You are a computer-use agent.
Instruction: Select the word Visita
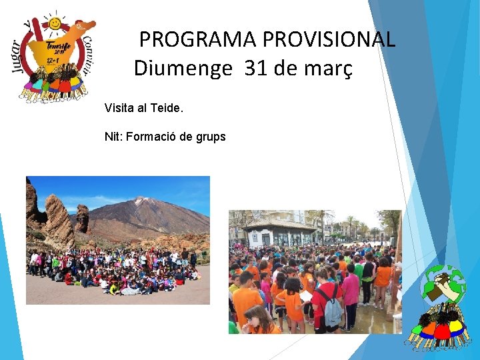tap(121, 107)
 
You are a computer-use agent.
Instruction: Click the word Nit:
tap(112, 137)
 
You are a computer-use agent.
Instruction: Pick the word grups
tap(211, 137)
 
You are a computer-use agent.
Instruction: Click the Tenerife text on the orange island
tap(58, 47)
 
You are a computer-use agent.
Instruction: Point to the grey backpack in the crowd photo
tap(331, 306)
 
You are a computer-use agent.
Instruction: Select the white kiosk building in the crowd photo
tap(279, 233)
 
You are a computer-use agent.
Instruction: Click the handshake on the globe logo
tap(445, 284)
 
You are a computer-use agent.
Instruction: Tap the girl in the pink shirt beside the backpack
tap(351, 293)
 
